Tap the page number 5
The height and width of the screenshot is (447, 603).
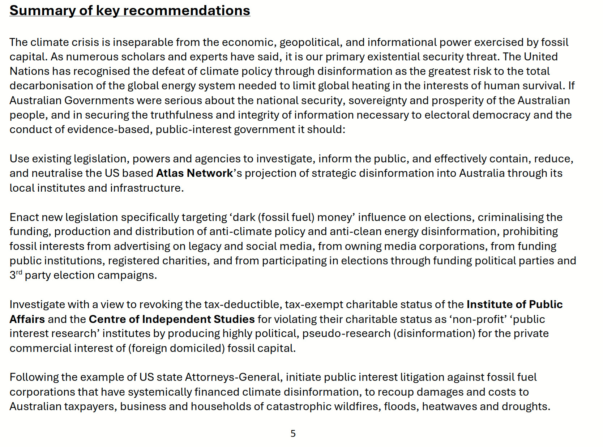point(293,433)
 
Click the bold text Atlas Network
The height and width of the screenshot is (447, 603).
point(194,173)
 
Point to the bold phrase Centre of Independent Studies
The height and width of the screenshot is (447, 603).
point(172,319)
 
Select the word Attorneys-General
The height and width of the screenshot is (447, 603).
point(233,377)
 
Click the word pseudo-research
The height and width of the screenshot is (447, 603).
point(346,333)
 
